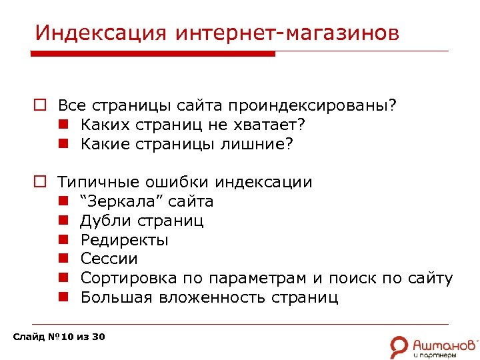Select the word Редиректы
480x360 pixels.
124,239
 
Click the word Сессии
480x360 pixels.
109,259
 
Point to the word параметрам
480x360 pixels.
258,278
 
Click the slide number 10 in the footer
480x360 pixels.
65,337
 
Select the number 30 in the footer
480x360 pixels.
98,337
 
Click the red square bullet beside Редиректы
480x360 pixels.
63,239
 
